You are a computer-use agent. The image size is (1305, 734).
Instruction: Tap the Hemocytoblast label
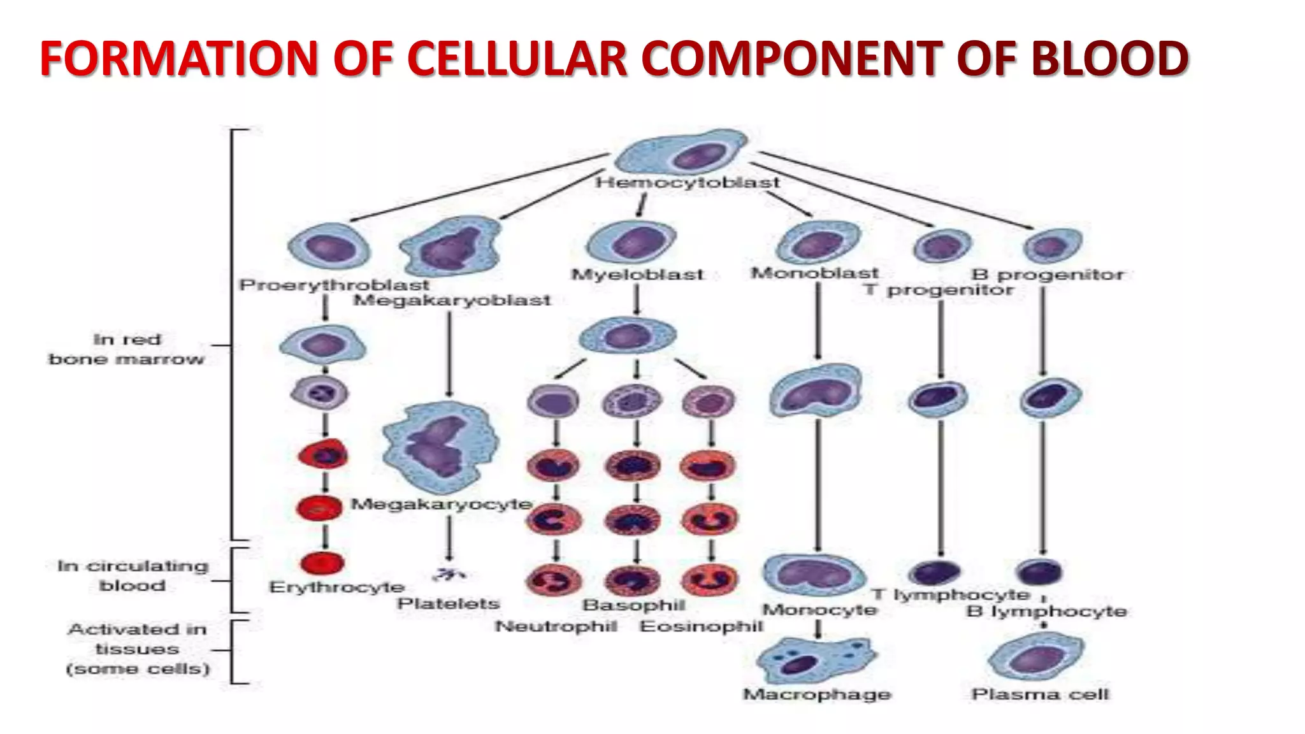687,183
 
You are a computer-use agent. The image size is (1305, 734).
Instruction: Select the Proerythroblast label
334,285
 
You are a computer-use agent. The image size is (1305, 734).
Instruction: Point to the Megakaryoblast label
452,300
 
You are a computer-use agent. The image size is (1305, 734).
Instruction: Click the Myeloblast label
637,275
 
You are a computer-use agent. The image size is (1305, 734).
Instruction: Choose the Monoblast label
814,273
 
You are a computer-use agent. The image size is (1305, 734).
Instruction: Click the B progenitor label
1048,275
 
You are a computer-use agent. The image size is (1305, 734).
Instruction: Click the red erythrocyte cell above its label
322,563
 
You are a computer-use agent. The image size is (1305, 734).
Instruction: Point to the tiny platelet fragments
449,574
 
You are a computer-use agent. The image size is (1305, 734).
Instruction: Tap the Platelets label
449,603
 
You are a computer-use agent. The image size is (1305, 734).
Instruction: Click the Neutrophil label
556,626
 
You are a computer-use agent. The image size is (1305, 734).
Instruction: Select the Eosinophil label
701,626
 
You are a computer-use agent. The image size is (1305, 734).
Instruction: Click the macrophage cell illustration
816,660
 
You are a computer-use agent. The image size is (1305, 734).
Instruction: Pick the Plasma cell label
1040,694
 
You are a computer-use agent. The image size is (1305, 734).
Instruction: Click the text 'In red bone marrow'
127,349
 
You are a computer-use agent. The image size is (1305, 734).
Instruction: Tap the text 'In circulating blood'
133,575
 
